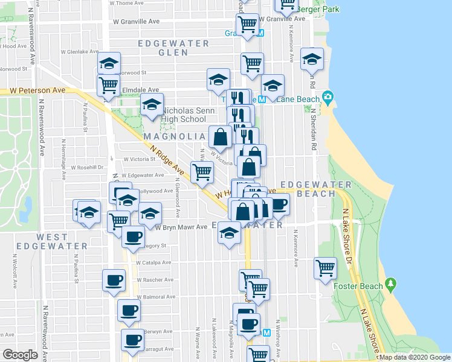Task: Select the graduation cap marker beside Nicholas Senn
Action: [152, 104]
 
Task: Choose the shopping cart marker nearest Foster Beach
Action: [326, 267]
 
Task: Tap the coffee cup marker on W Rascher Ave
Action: [113, 281]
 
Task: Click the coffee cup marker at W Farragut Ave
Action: [132, 339]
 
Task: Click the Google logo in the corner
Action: [20, 355]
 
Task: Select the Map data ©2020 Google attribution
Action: [414, 357]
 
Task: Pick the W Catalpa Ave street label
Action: [154, 262]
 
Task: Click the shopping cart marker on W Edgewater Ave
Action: [202, 172]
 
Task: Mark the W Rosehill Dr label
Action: [88, 167]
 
